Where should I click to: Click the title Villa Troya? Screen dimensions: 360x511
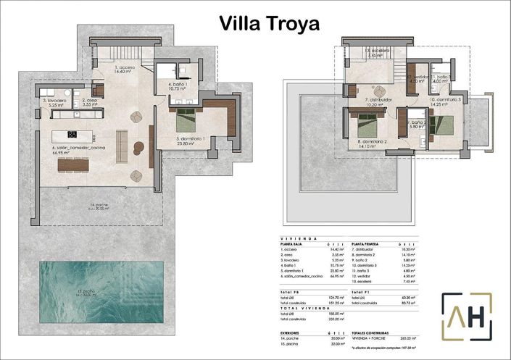point(269,23)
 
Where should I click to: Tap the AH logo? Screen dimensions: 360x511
point(467,317)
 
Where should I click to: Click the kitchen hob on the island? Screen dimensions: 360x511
point(72,134)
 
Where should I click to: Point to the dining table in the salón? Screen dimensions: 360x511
point(78,164)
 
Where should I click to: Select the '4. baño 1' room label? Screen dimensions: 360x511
point(178,85)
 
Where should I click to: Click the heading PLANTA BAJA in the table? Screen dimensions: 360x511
point(291,244)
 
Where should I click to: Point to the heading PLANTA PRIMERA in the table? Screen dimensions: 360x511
point(367,244)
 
